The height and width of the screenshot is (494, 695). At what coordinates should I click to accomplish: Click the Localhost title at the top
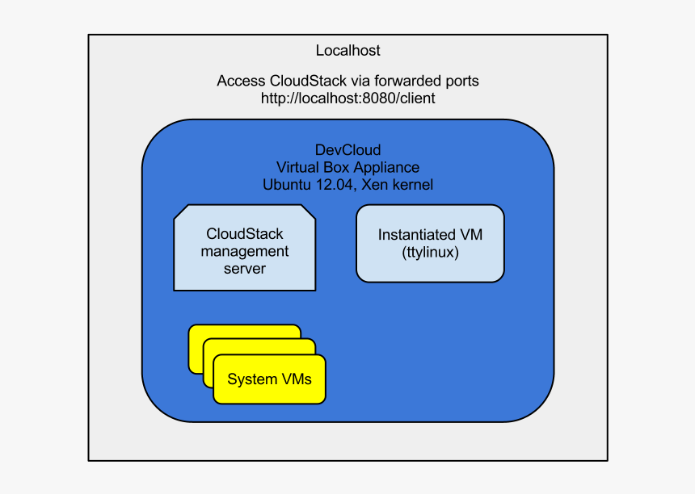click(x=347, y=51)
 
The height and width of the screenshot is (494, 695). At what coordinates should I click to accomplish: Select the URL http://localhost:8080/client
click(x=347, y=98)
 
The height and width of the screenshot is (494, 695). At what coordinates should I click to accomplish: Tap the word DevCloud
click(x=347, y=151)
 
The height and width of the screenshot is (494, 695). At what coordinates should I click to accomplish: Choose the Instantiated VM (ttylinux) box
click(x=430, y=243)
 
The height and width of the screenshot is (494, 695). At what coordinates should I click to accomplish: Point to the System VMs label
click(x=269, y=379)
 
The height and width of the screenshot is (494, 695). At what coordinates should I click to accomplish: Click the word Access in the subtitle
click(x=241, y=81)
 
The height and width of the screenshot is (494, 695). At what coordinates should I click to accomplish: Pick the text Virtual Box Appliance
click(x=347, y=168)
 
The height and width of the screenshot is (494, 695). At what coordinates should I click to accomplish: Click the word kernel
click(x=413, y=185)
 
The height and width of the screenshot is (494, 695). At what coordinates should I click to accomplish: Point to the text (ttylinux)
click(x=430, y=253)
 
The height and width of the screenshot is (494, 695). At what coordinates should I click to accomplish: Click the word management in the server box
click(x=245, y=251)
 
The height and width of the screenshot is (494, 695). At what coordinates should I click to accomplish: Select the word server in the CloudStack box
click(x=245, y=268)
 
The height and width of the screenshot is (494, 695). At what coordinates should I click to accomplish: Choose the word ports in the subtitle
click(x=461, y=81)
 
